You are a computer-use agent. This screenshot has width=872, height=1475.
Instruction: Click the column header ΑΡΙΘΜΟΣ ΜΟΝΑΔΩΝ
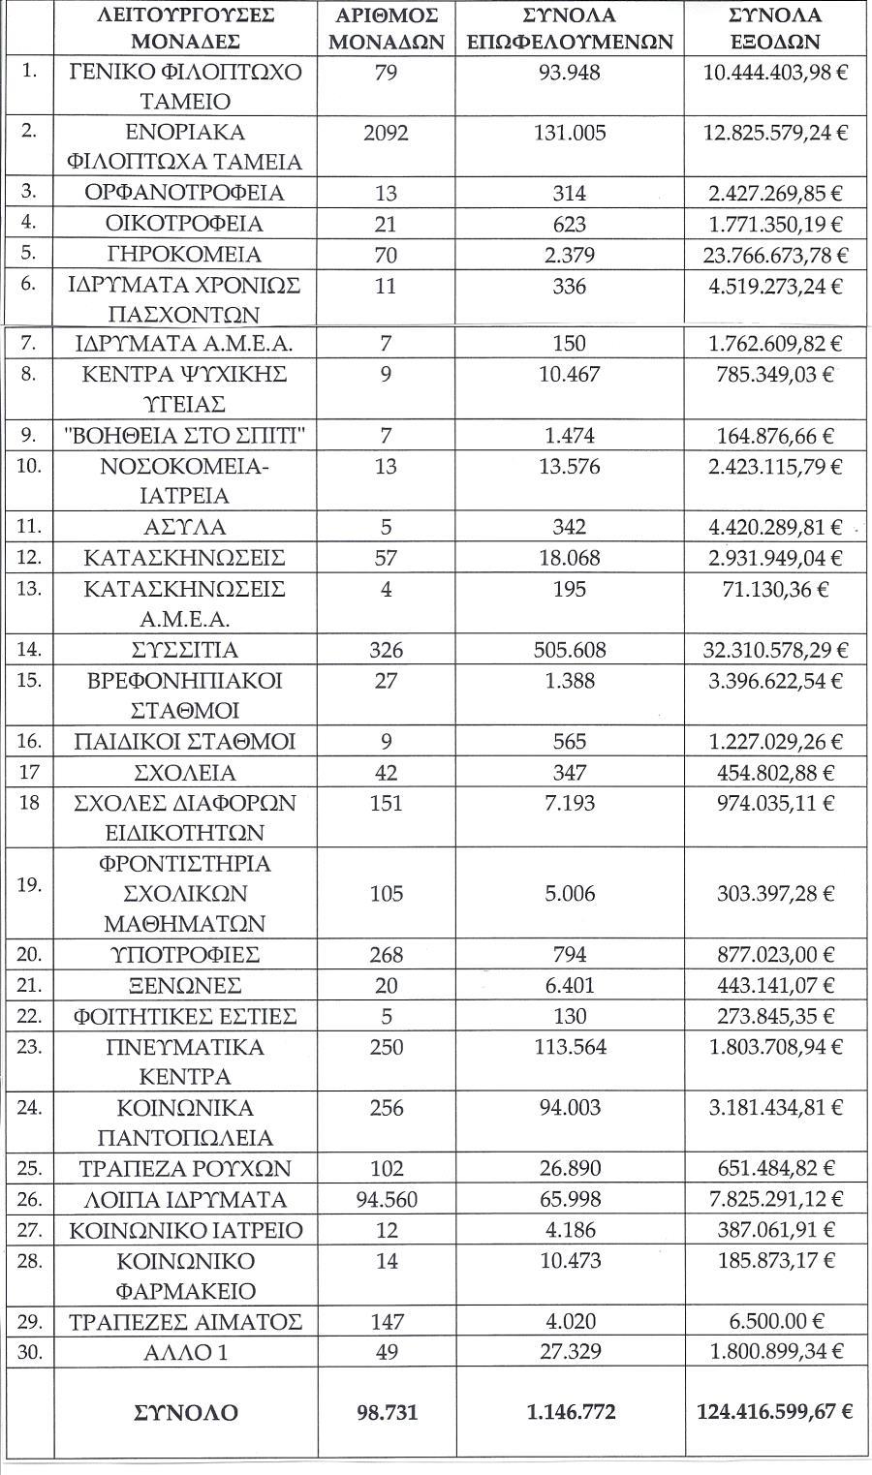click(x=386, y=28)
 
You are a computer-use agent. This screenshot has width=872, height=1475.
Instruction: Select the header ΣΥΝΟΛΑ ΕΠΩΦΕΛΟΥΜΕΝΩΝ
click(x=570, y=28)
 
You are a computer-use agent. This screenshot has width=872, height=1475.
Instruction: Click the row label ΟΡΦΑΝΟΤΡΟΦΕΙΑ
click(x=184, y=193)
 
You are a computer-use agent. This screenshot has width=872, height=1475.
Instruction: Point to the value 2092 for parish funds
click(x=386, y=133)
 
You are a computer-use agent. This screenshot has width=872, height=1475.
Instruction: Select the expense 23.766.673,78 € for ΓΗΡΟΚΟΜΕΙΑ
click(x=774, y=255)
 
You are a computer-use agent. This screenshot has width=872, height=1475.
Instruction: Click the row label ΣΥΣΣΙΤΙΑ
click(x=184, y=650)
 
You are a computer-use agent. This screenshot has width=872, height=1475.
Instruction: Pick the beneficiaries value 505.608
click(x=570, y=650)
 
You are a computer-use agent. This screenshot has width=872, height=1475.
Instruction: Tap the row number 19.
click(x=30, y=884)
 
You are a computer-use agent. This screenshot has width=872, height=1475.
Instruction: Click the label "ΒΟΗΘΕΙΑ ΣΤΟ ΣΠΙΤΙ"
click(x=184, y=437)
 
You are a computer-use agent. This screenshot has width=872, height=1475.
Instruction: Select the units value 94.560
click(x=386, y=1200)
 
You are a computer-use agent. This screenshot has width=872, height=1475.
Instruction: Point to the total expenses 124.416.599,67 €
click(x=774, y=1412)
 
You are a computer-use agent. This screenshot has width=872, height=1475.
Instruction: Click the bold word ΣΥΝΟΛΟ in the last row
click(x=184, y=1412)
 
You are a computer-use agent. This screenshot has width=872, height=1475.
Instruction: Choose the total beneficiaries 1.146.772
click(x=570, y=1412)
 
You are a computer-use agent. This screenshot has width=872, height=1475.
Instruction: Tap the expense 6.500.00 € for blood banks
click(x=774, y=1322)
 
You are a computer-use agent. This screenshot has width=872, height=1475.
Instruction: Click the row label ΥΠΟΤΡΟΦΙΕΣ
click(x=184, y=955)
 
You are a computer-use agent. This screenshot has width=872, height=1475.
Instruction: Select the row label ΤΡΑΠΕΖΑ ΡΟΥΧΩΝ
click(x=184, y=1169)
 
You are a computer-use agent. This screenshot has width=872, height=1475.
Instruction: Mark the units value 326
click(x=386, y=650)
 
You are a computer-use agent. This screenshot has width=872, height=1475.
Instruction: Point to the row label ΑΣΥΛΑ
click(x=184, y=528)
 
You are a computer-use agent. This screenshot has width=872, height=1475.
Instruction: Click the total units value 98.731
click(x=386, y=1412)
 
